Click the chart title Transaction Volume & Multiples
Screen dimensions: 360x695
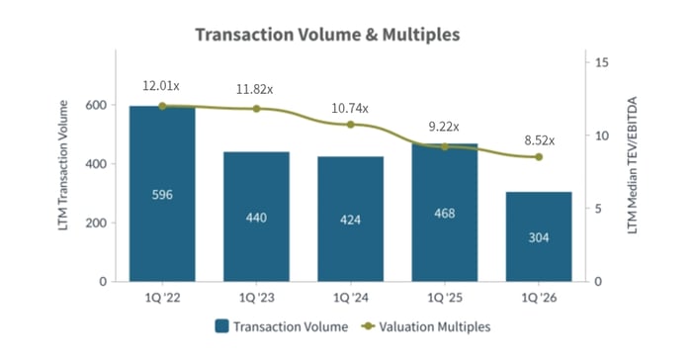[327, 35]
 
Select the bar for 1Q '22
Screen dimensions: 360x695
[162, 194]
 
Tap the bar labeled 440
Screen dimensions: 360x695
[256, 217]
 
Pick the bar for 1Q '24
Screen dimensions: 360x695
[350, 219]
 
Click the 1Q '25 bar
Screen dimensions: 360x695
[444, 213]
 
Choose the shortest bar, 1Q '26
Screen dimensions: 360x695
[538, 236]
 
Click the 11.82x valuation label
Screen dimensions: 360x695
[256, 88]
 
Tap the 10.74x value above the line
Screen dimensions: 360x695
[350, 103]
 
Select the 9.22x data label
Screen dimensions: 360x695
[444, 126]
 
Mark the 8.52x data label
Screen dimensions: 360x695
[538, 139]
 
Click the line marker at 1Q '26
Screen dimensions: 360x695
[538, 156]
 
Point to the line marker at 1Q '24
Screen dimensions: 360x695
[350, 125]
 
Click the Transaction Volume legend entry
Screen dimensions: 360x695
[279, 325]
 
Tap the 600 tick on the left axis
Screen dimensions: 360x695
[95, 105]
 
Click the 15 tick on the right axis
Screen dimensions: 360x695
[599, 62]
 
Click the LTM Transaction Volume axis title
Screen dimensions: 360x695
[64, 173]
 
